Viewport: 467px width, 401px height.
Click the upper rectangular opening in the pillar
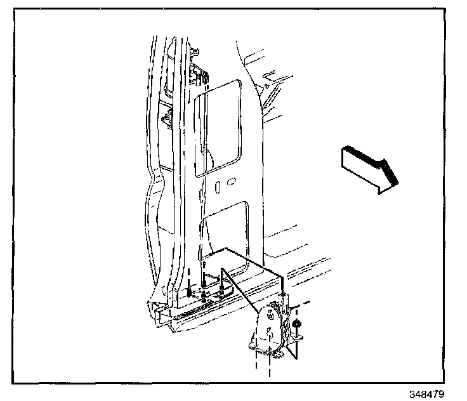click(218, 127)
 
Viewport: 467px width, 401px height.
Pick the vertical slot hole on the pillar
click(218, 187)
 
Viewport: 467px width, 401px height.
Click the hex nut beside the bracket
click(299, 327)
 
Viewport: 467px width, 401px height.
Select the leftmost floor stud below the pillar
click(190, 292)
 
